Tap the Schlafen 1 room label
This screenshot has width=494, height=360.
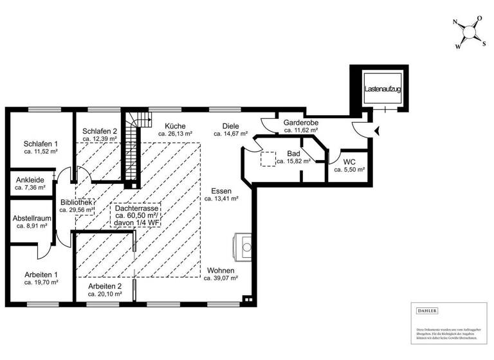point(41,143)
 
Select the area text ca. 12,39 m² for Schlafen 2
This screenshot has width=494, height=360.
point(100,139)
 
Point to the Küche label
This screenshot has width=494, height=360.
point(175,126)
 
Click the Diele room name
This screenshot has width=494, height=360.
point(231,126)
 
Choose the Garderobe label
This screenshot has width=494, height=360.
point(301,122)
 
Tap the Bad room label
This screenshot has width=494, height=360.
point(294,154)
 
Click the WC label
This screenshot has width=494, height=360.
point(350,161)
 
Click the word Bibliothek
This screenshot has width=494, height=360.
point(77,201)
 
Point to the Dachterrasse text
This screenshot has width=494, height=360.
point(136,208)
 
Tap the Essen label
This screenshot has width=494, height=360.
point(221,191)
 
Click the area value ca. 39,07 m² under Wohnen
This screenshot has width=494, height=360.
point(221,279)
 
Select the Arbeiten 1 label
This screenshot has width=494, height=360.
point(41,274)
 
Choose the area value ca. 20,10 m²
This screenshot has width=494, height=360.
point(105,294)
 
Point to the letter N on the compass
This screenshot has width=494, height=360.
point(455,24)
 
